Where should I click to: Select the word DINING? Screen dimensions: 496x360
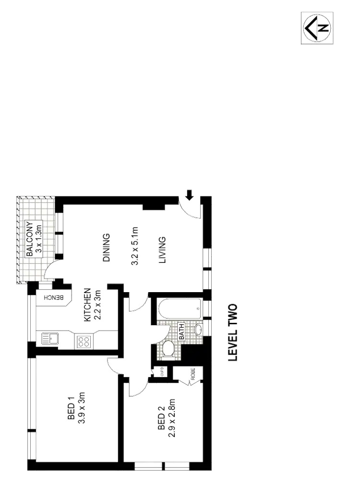107,248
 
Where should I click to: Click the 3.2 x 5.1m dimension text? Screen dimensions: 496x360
135,247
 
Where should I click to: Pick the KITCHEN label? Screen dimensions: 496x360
87,305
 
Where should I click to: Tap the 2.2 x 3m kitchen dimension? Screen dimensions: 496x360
97,305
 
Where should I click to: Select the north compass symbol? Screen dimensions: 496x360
318,27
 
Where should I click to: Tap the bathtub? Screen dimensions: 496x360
178,308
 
